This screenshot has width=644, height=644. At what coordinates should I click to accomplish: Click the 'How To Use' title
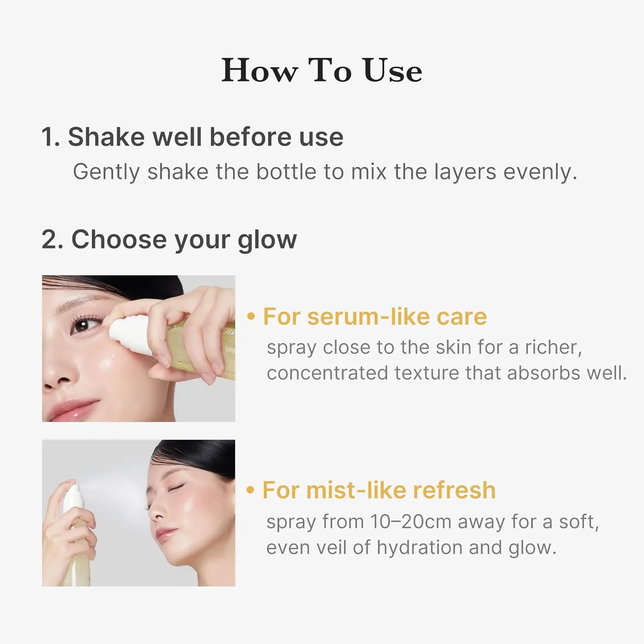coord(322,71)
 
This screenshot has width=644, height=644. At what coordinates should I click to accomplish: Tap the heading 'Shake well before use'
coord(205,137)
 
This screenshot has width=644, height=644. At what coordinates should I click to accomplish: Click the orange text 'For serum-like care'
coord(374,317)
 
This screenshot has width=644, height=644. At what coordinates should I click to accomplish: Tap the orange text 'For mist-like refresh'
coord(379,490)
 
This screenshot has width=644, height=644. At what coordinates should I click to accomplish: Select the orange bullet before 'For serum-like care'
coord(251,317)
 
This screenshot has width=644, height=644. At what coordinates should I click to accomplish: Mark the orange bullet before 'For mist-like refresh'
coord(251,490)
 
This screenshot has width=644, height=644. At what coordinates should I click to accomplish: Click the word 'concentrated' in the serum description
coord(327,373)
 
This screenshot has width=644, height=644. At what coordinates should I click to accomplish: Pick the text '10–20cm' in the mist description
coord(410,521)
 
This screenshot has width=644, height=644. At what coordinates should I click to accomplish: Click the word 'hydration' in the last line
coord(419,547)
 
